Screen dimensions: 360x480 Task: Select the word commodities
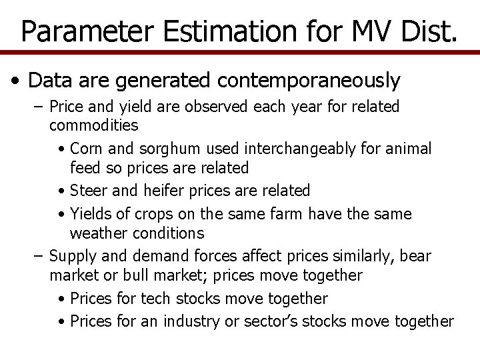[94, 125]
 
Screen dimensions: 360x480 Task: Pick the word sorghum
[158, 148]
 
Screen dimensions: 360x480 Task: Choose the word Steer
[87, 191]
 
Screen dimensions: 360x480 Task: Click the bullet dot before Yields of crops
[61, 215]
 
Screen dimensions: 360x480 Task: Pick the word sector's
[275, 321]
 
